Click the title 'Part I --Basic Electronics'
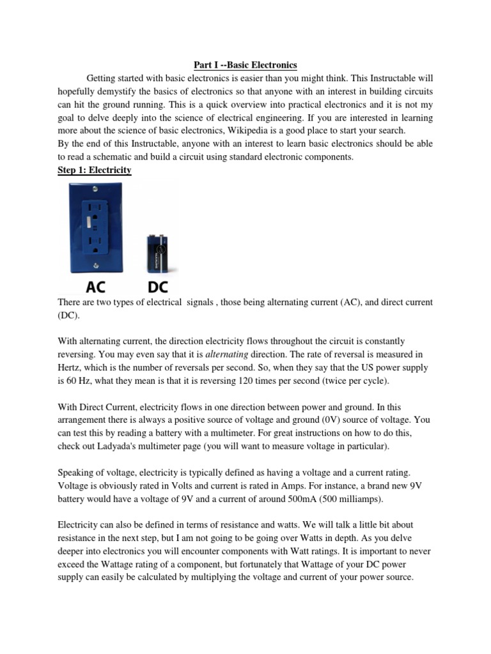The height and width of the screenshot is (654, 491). (x=245, y=65)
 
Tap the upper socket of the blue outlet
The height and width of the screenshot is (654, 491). (x=95, y=208)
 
